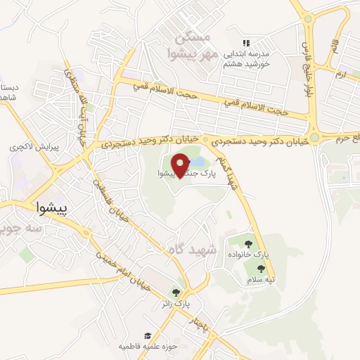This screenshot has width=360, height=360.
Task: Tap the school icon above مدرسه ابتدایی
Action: [245, 43]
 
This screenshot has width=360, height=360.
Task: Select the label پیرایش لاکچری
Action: [29, 148]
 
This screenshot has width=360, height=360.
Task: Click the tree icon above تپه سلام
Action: [261, 268]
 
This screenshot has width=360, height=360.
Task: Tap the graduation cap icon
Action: [148, 336]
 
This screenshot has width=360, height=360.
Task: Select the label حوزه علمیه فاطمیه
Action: [148, 347]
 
